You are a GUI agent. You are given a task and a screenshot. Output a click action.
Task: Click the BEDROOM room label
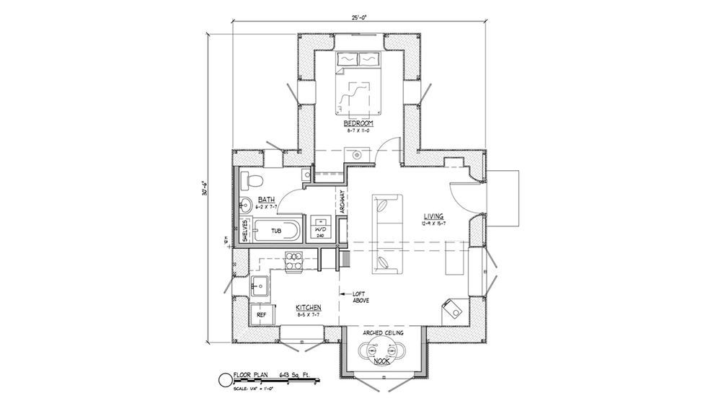pyautogui.click(x=358, y=124)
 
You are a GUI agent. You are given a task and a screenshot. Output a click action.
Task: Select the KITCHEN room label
pyautogui.click(x=308, y=308)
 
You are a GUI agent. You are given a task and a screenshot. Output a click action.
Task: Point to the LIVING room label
pyautogui.click(x=433, y=216)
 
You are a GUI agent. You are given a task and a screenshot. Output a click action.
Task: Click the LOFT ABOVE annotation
pyautogui.click(x=360, y=296)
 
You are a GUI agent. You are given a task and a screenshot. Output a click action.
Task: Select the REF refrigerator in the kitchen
pyautogui.click(x=261, y=315)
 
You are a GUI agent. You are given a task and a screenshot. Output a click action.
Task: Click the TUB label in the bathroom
pyautogui.click(x=275, y=231)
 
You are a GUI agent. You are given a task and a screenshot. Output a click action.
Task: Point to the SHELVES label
pyautogui.click(x=245, y=231)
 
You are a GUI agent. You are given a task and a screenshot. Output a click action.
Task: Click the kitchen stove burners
pyautogui.click(x=293, y=260)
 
